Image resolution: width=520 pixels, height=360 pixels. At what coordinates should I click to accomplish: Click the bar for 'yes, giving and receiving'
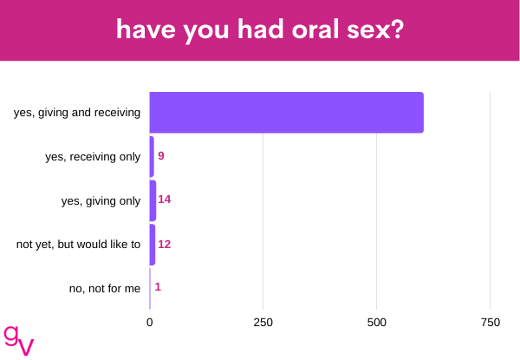click(x=287, y=113)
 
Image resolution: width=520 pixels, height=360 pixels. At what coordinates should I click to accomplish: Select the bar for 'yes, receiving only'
click(x=152, y=157)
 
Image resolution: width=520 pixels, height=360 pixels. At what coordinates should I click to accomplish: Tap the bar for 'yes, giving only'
click(x=153, y=200)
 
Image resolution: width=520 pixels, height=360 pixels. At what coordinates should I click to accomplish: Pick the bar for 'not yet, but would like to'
click(x=153, y=245)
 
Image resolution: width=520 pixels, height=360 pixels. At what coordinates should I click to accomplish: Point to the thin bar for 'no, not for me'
click(x=150, y=289)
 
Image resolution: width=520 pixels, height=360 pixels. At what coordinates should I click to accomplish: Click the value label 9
click(x=161, y=155)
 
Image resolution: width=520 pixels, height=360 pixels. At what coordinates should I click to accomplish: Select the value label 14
click(x=164, y=199)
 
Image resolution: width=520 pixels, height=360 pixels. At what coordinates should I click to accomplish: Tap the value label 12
click(x=164, y=245)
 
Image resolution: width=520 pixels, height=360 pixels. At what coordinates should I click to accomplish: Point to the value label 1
click(x=158, y=286)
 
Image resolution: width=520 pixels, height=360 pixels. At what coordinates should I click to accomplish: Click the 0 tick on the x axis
click(x=150, y=322)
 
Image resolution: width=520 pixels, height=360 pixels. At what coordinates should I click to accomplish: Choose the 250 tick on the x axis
click(x=263, y=322)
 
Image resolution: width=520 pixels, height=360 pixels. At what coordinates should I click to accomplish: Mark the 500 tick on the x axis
click(x=377, y=322)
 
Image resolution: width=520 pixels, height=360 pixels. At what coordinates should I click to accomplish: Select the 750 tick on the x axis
click(x=491, y=322)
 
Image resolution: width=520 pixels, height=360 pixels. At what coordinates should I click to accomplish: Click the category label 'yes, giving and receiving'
click(x=77, y=113)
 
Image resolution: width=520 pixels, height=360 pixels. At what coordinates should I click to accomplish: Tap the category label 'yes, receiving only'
click(x=93, y=157)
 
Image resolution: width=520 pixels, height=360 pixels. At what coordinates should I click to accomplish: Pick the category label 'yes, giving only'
click(x=101, y=200)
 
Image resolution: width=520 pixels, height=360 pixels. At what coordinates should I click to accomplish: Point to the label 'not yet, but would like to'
click(x=78, y=245)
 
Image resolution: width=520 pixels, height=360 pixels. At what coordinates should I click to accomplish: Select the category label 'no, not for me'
click(x=105, y=289)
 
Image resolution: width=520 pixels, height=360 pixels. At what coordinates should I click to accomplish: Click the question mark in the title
click(x=397, y=29)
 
